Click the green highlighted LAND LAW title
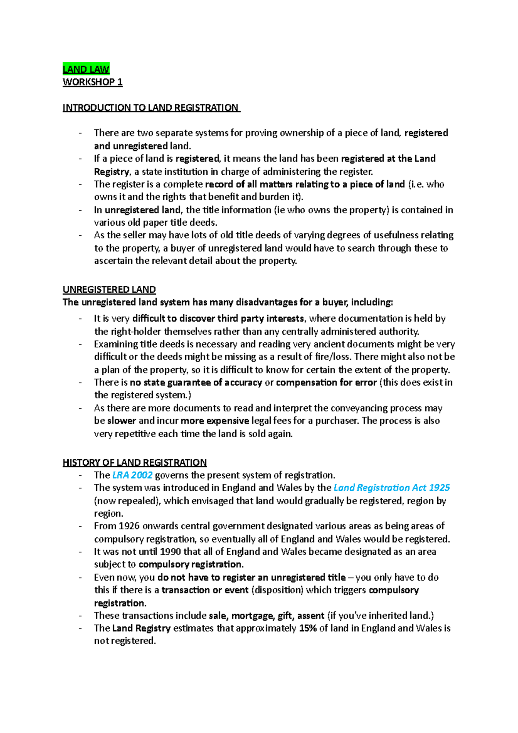[86, 69]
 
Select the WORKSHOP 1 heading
[92, 82]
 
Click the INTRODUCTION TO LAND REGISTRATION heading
[151, 107]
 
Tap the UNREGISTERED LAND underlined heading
[109, 289]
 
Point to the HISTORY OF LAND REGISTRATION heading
[135, 462]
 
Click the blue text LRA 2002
[132, 475]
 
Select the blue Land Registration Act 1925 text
[392, 488]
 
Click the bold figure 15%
[308, 628]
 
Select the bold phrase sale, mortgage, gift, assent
[266, 616]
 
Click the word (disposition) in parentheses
[277, 590]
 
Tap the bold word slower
[121, 421]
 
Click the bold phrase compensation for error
[326, 382]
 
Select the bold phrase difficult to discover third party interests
[218, 319]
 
